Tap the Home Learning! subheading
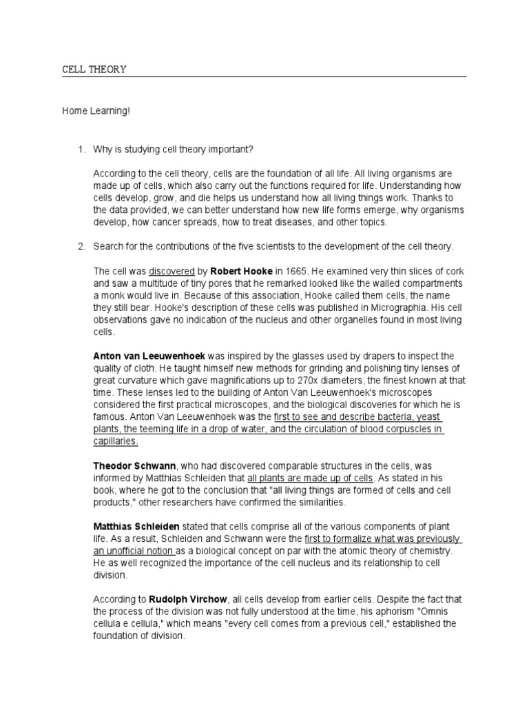pos(96,111)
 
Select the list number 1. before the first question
pos(80,150)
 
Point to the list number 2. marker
pos(80,246)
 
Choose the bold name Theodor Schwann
pos(132,467)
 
